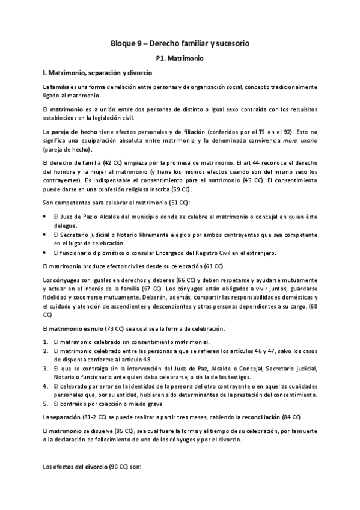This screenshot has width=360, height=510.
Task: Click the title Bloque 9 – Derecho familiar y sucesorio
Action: pos(180,44)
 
